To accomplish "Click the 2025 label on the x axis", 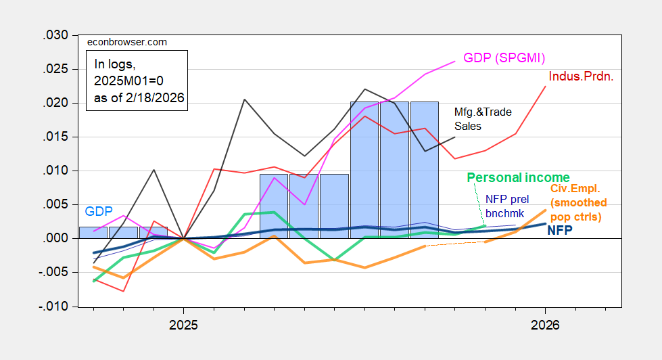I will pyautogui.click(x=183, y=325).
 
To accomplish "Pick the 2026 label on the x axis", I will pyautogui.click(x=545, y=325).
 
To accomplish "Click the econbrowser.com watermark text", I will pyautogui.click(x=127, y=42).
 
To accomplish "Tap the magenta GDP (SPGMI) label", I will pyautogui.click(x=504, y=58).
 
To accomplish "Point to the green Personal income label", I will pyautogui.click(x=519, y=178).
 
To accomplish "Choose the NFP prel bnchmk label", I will pyautogui.click(x=507, y=205).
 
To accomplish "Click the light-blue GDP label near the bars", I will pyautogui.click(x=99, y=211).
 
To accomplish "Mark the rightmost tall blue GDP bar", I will pyautogui.click(x=425, y=169).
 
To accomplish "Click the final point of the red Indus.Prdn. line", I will pyautogui.click(x=546, y=86).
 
